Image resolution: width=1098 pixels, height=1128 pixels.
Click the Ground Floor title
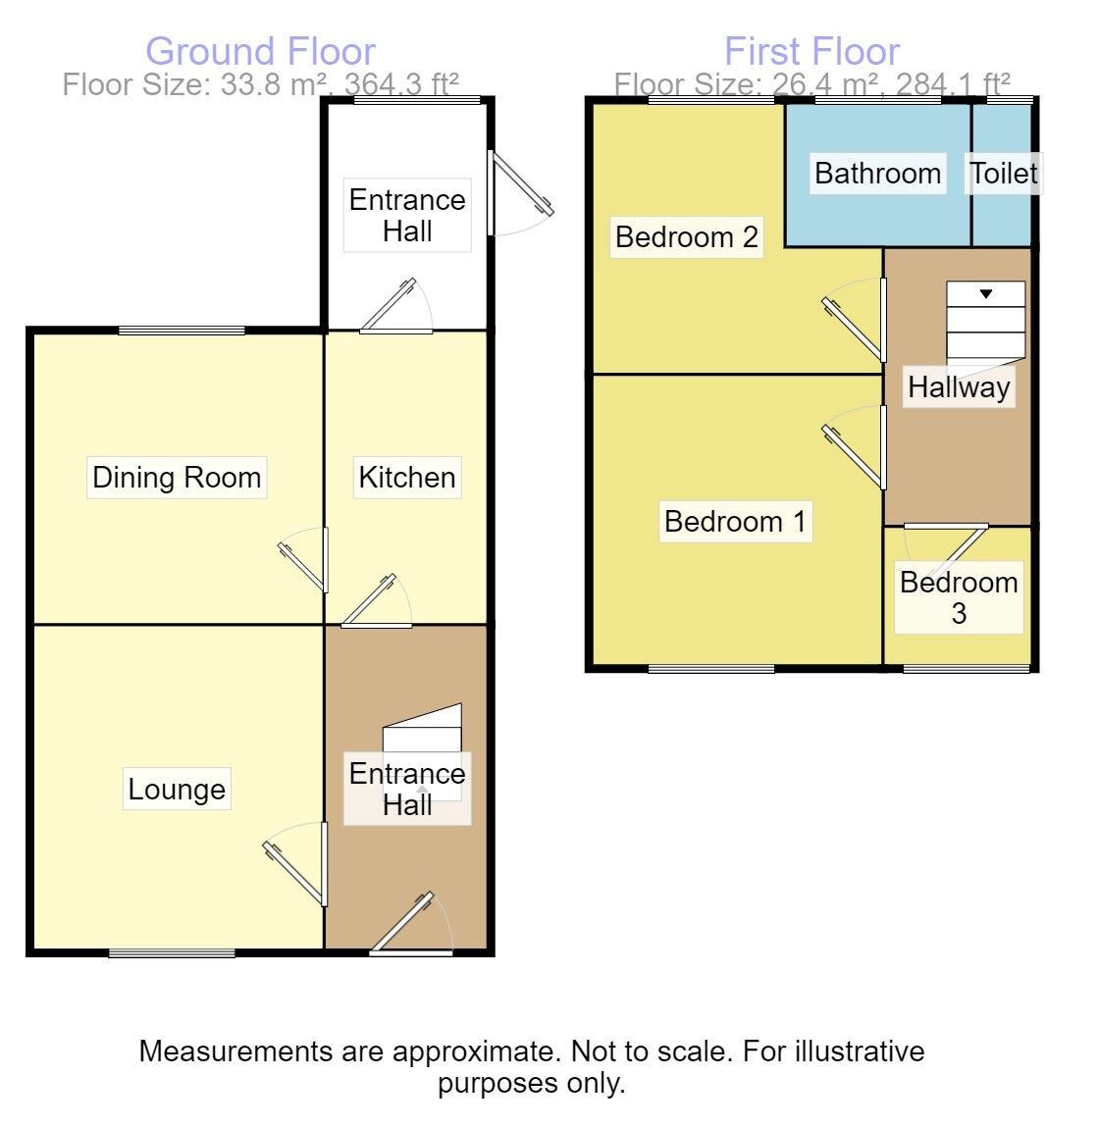point(260,52)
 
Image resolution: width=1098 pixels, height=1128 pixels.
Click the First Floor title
point(811,52)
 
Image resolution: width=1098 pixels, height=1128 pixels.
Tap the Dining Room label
point(177,477)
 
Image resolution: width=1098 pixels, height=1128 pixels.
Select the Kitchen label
point(406,477)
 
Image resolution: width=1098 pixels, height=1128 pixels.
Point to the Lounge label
point(177,790)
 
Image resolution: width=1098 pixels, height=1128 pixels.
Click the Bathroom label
point(877,174)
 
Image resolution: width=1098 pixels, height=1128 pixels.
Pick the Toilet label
point(1003,174)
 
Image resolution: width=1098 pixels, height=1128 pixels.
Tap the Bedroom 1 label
point(735,522)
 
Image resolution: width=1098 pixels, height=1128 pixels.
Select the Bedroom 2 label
point(687,236)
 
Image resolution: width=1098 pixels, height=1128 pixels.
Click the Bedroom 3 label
point(959,597)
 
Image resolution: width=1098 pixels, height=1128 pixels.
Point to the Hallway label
point(959,387)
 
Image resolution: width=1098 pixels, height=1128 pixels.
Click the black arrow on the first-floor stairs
point(986,293)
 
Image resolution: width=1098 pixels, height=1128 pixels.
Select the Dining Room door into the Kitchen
point(304,560)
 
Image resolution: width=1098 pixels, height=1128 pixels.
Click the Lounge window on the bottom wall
point(172,953)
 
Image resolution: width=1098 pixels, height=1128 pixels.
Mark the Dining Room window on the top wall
point(183,331)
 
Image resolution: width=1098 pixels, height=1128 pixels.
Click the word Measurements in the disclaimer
point(235,1051)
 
